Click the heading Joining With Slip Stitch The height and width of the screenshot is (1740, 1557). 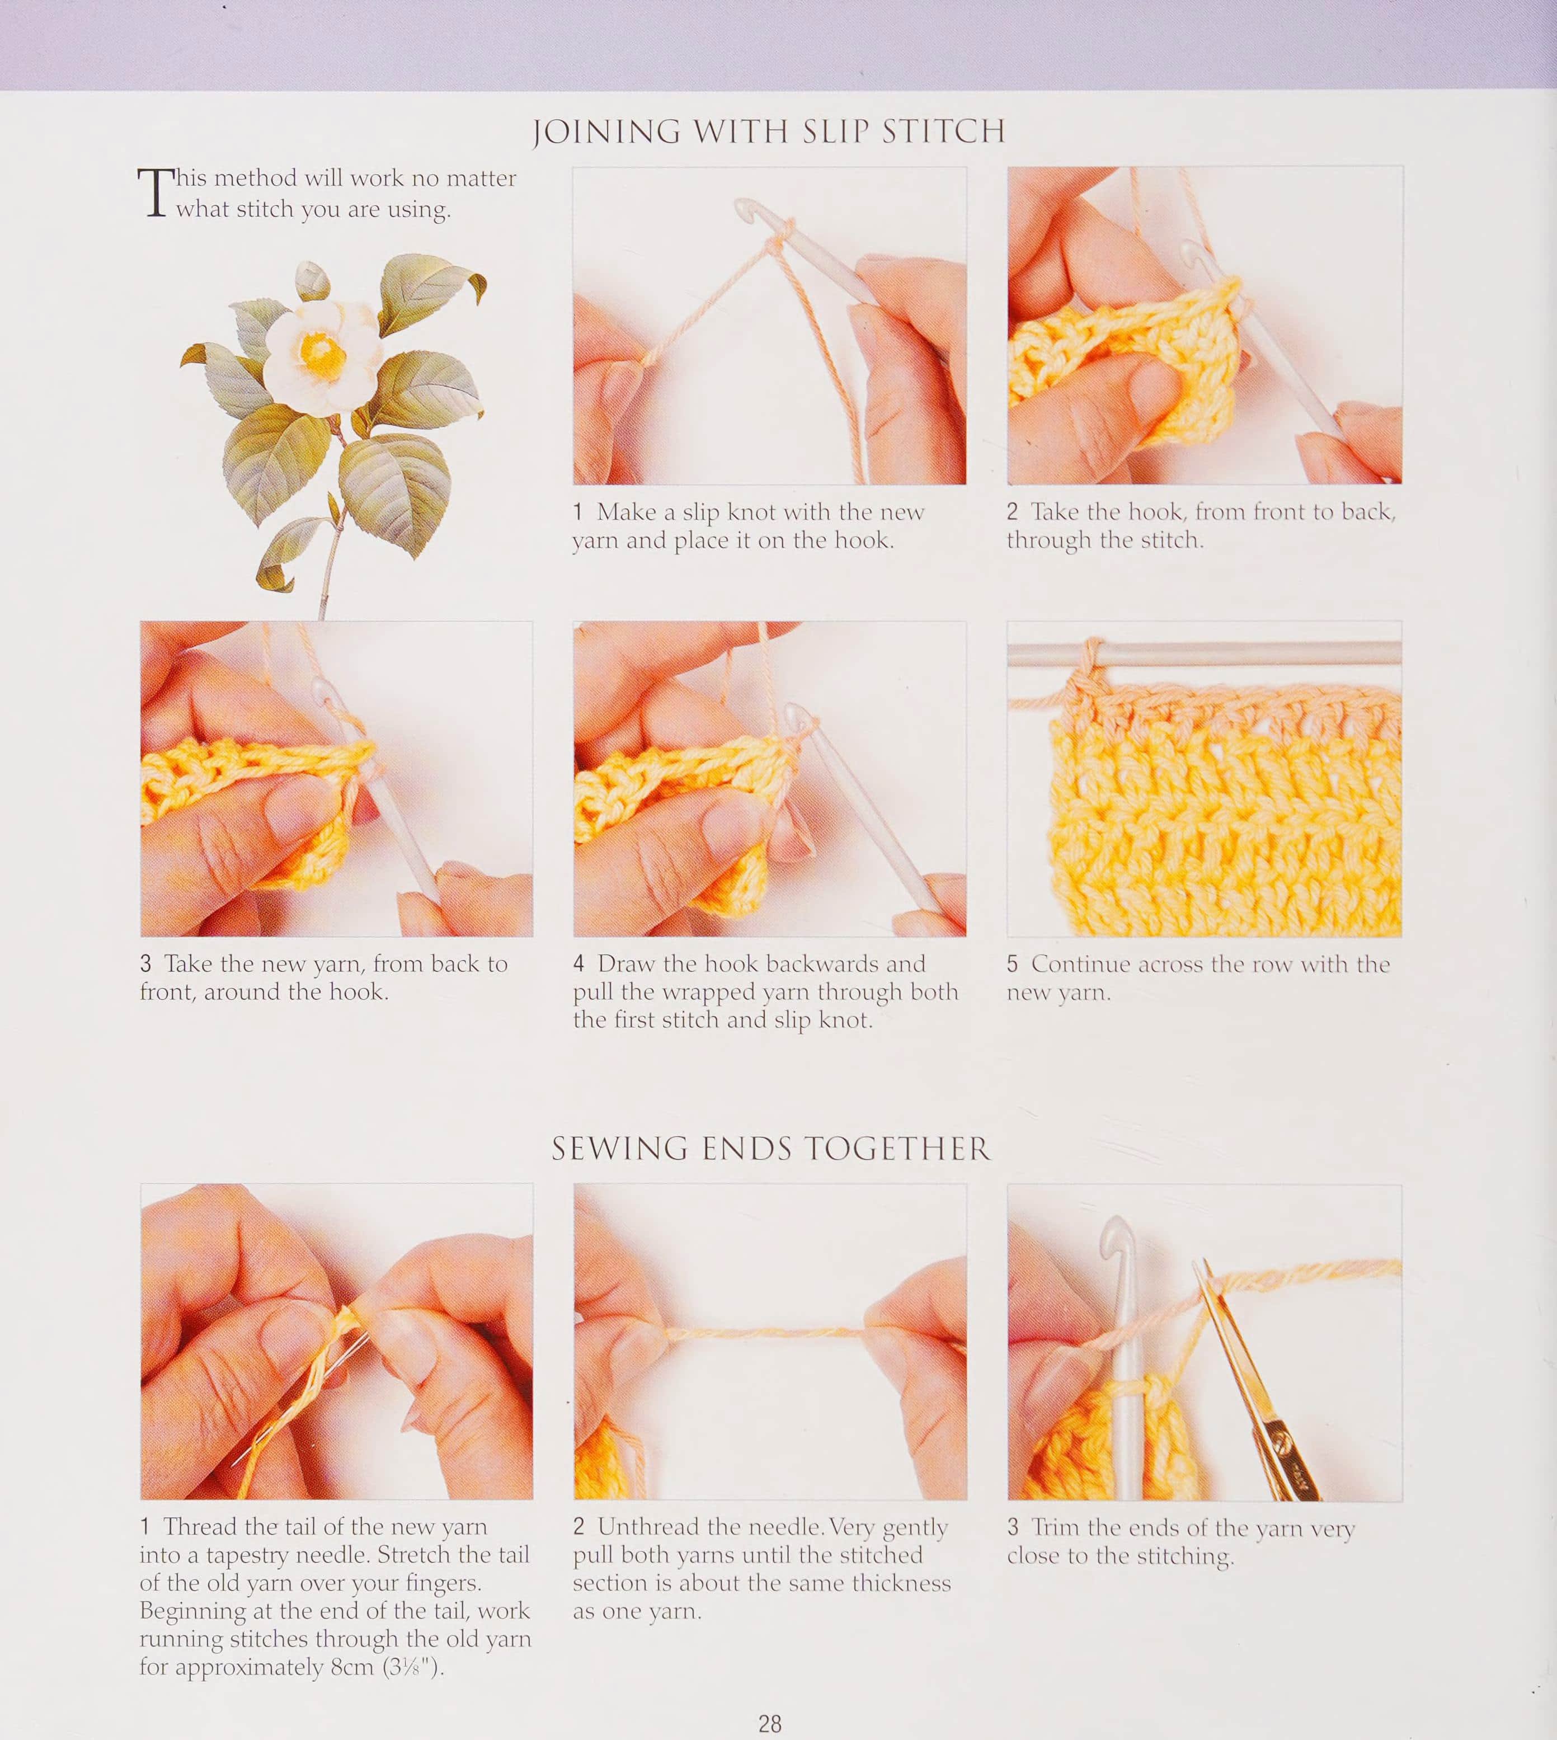[x=769, y=131]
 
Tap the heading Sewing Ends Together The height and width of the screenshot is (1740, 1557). [x=771, y=1148]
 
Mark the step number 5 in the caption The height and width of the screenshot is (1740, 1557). [x=1013, y=964]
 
